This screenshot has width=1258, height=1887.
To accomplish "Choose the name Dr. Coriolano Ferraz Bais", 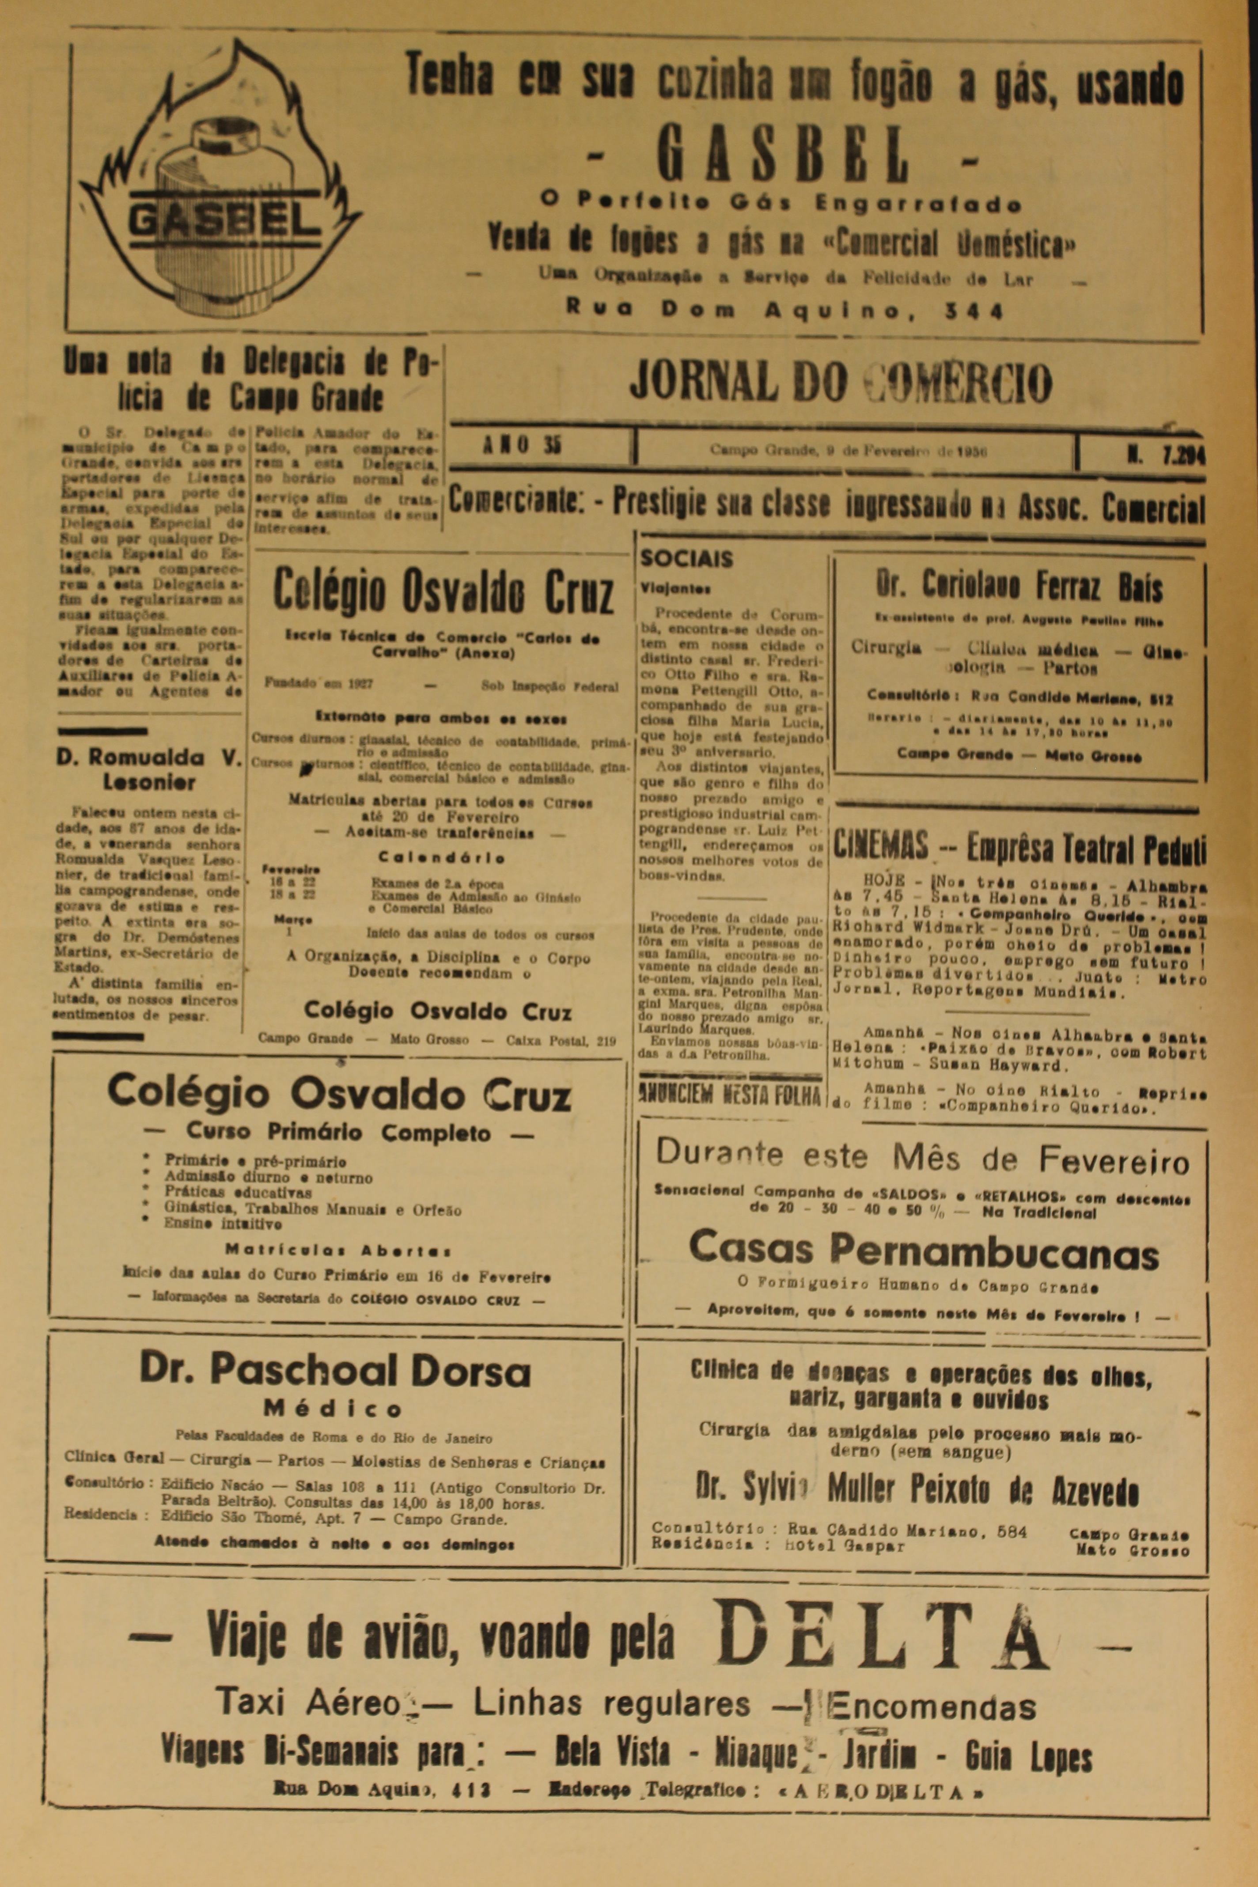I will [x=1019, y=588].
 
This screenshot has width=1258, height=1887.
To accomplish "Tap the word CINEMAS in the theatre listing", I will [x=880, y=846].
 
